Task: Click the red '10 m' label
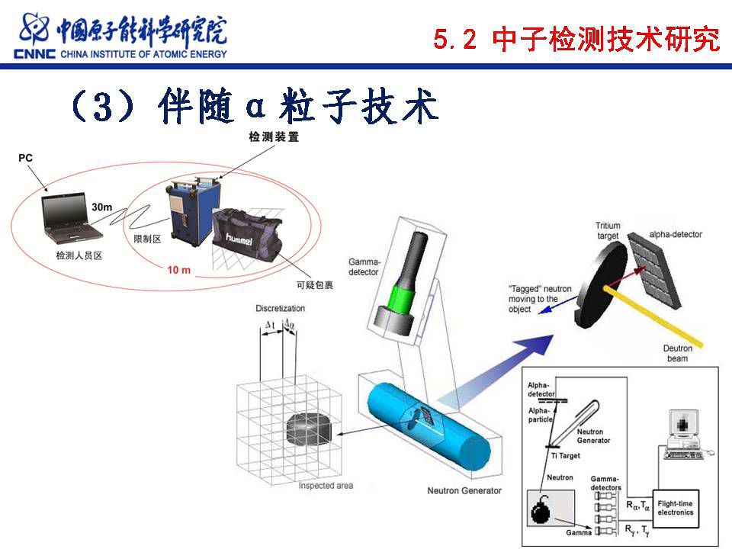tap(178, 270)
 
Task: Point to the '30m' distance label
tap(101, 207)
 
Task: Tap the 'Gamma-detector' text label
tap(364, 267)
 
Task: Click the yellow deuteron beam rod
tap(653, 316)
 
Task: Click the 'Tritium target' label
tap(608, 230)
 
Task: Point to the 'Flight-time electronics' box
tap(675, 509)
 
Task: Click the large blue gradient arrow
tap(496, 370)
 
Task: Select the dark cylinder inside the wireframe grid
tap(309, 429)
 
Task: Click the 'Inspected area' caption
tap(326, 486)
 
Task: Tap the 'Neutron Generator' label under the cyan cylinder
tap(464, 490)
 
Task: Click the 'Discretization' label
tap(280, 308)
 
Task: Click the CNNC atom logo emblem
tap(34, 30)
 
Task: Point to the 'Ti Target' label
tap(565, 456)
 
